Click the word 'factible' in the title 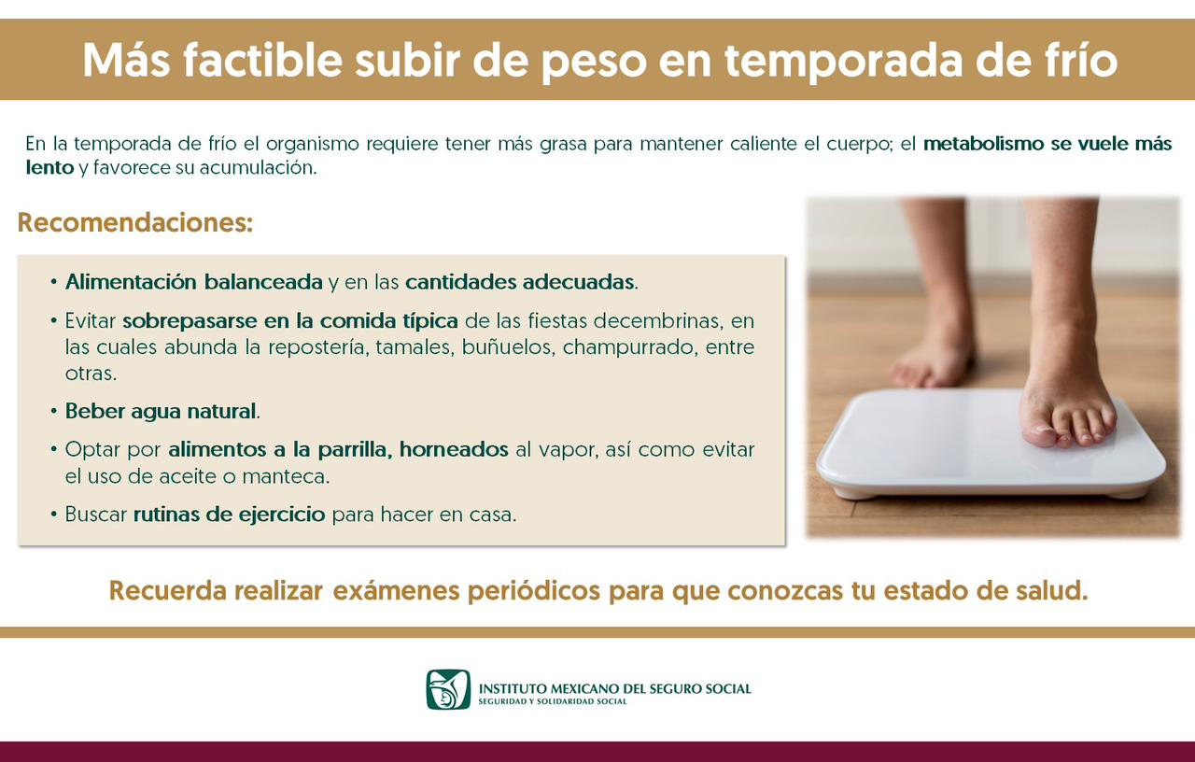[x=262, y=60]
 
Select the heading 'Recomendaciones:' [x=135, y=222]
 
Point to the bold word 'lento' [x=49, y=167]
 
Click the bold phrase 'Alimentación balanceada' [x=194, y=282]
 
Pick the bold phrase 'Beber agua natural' [x=161, y=411]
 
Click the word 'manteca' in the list [x=285, y=476]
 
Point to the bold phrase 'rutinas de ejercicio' [x=230, y=515]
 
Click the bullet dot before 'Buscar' [x=54, y=515]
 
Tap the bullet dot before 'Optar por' [x=54, y=449]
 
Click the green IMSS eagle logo [x=448, y=689]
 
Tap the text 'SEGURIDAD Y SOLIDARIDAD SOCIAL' [x=553, y=701]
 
